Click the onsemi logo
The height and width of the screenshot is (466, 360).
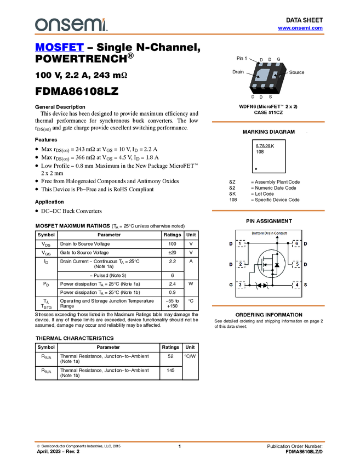pyautogui.click(x=71, y=25)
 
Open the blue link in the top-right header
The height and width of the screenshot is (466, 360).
pyautogui.click(x=300, y=27)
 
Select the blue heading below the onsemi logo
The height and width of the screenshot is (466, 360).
pyautogui.click(x=59, y=48)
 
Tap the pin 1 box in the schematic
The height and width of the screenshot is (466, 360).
pyautogui.click(x=241, y=243)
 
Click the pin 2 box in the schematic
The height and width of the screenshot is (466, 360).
pyautogui.click(x=241, y=265)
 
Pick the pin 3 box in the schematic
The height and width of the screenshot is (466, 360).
pyautogui.click(x=241, y=285)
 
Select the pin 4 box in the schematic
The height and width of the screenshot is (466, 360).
pyautogui.click(x=296, y=285)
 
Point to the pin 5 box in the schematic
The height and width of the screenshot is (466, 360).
pyautogui.click(x=296, y=265)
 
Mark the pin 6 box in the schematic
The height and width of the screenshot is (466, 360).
pyautogui.click(x=296, y=243)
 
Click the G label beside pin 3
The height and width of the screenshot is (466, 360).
pyautogui.click(x=230, y=285)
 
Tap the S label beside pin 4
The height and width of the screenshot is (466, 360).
pyautogui.click(x=305, y=285)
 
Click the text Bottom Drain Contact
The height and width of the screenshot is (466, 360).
pyautogui.click(x=268, y=233)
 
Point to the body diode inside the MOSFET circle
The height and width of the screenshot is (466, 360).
pyautogui.click(x=277, y=265)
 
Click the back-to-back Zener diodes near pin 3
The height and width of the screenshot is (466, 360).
pyautogui.click(x=262, y=285)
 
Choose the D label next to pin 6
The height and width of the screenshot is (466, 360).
pyautogui.click(x=305, y=243)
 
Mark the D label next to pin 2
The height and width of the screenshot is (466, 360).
pyautogui.click(x=230, y=265)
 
